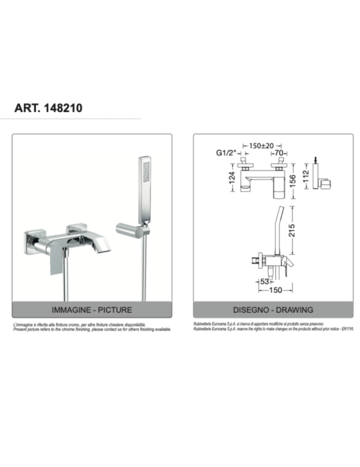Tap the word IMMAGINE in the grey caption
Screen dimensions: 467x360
pos(71,310)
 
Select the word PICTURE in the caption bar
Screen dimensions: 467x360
pos(114,310)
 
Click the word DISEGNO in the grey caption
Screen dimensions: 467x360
pos(251,310)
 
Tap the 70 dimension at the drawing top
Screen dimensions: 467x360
pos(280,153)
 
